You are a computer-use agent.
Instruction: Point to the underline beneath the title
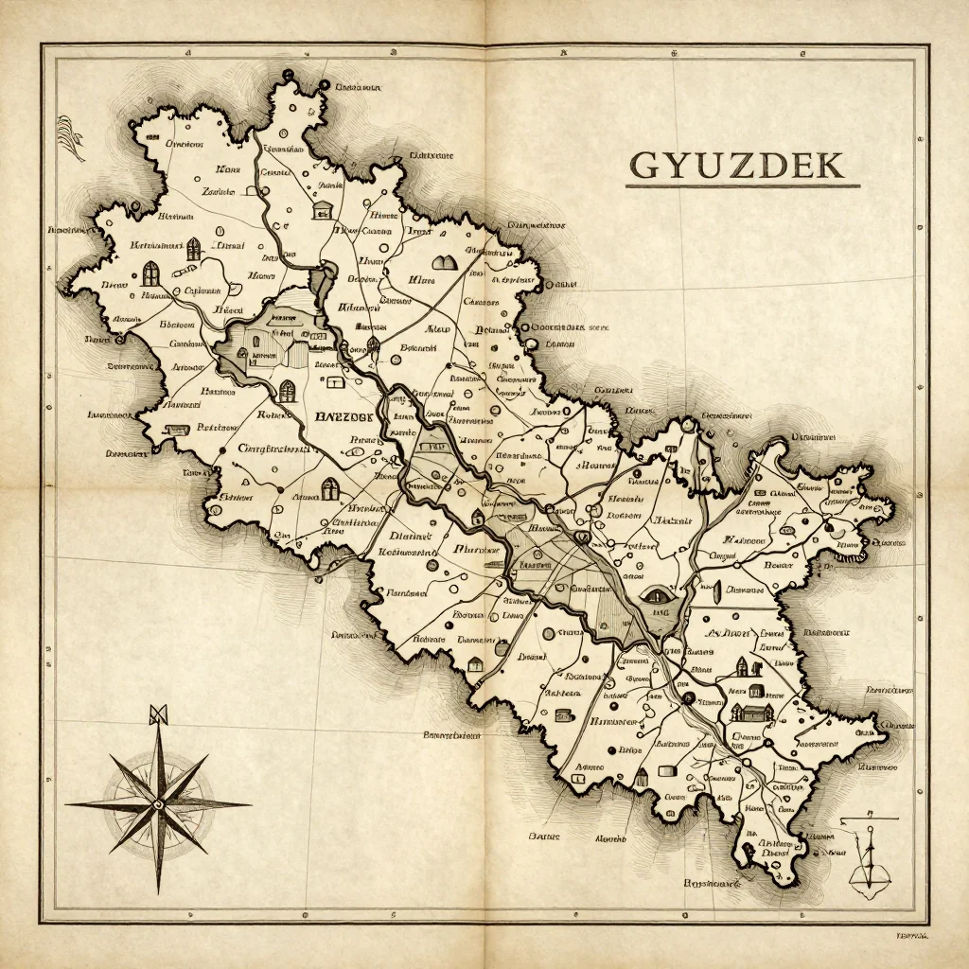(742, 185)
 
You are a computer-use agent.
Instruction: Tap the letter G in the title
(645, 165)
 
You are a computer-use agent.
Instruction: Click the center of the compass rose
(158, 803)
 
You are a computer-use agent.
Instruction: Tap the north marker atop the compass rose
(158, 714)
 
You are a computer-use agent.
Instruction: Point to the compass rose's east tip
(249, 804)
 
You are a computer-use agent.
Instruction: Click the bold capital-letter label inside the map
(345, 415)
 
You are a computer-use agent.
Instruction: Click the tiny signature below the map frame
(910, 935)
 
